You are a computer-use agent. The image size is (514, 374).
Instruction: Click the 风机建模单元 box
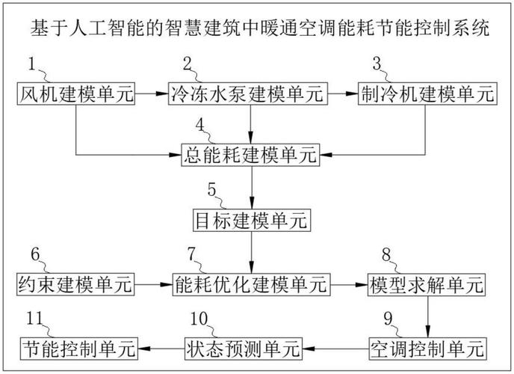[75, 93]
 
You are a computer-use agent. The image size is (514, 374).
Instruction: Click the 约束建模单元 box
[75, 283]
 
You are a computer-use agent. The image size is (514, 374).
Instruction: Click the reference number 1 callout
[32, 62]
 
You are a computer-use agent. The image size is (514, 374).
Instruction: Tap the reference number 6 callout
[34, 253]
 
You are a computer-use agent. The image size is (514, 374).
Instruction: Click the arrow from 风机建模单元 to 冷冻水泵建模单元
[152, 93]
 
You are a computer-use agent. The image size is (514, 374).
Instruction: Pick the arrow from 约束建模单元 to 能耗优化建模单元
[152, 283]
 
